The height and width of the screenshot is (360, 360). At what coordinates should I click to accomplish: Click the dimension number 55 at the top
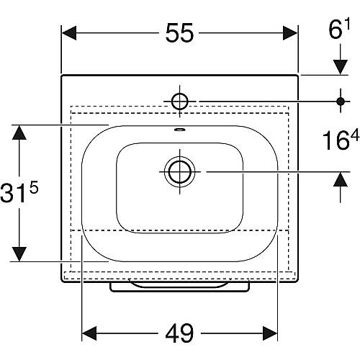[179, 33]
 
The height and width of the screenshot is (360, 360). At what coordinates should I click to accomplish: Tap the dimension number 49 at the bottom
[179, 333]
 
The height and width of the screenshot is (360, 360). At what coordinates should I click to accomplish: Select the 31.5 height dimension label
[19, 191]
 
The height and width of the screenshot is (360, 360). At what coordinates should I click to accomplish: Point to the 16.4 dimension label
[341, 139]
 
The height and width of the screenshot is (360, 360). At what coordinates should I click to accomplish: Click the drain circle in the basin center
[179, 171]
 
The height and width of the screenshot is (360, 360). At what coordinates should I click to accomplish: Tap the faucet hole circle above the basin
[179, 102]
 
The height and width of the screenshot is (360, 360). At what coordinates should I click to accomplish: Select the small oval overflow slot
[180, 130]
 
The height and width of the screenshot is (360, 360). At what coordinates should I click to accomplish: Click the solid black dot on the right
[341, 102]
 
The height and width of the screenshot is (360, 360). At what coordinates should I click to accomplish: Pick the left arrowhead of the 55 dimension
[69, 33]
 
